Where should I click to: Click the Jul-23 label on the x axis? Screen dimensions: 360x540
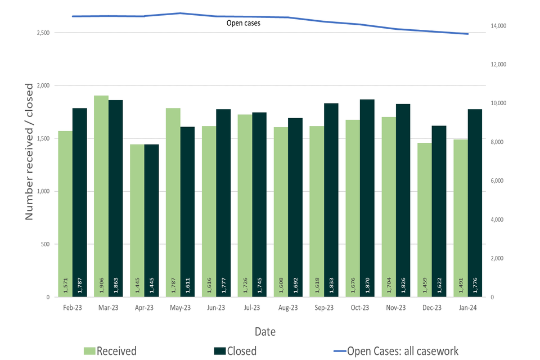(x=252, y=308)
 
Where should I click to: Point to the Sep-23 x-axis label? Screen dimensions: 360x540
(x=324, y=308)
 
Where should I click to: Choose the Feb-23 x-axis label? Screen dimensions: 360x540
(x=72, y=308)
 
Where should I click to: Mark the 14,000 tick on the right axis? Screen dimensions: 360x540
(x=499, y=26)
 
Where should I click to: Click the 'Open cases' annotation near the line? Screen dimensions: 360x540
(x=243, y=23)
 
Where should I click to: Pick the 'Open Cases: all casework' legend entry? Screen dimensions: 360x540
(x=402, y=351)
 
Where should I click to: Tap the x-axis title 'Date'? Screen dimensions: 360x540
(x=265, y=331)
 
